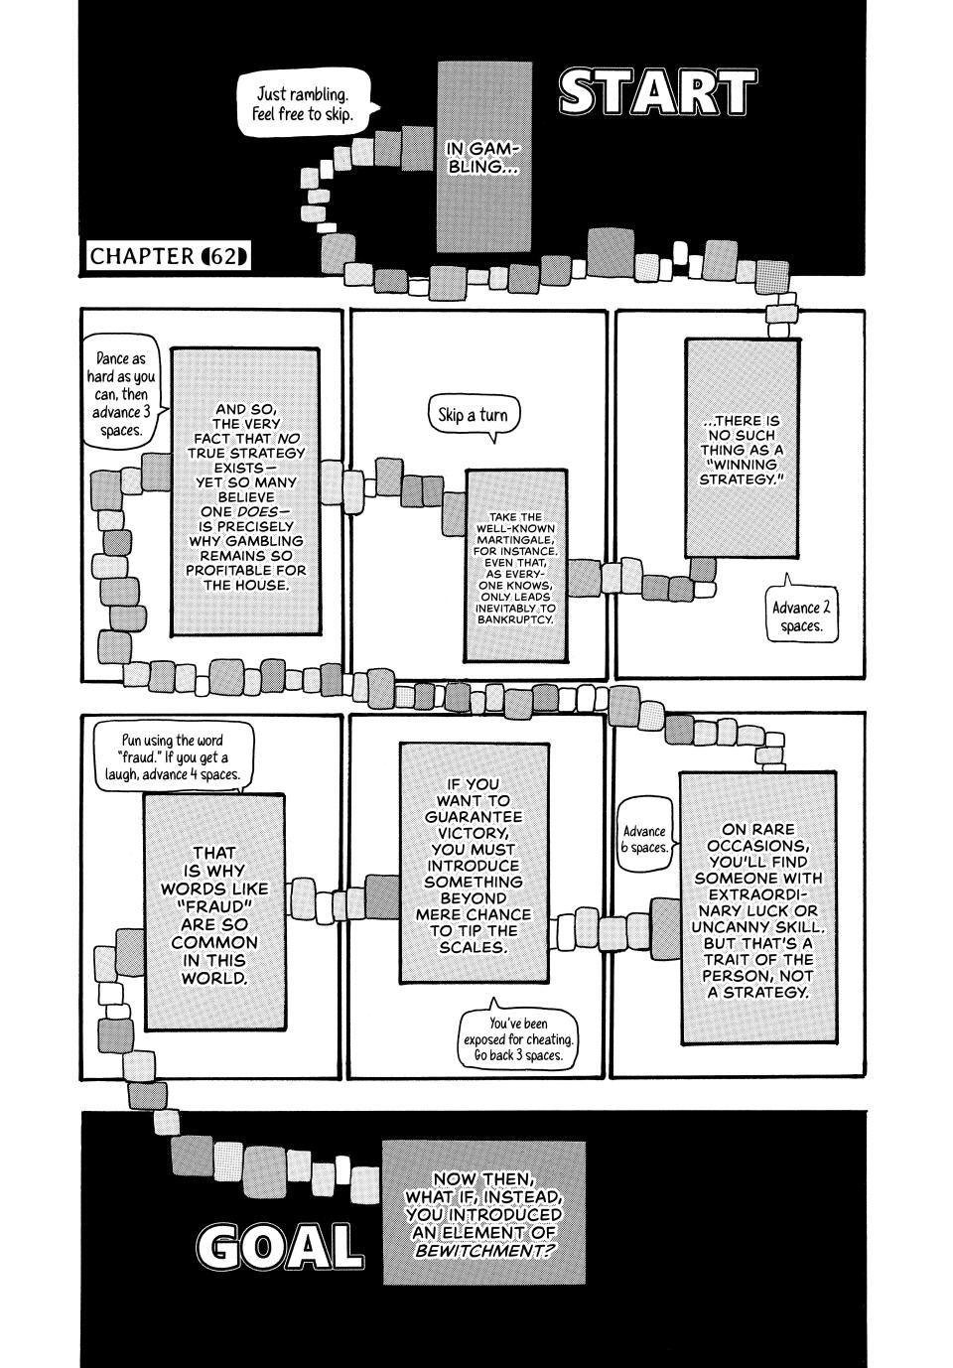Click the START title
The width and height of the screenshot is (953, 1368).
coord(658,92)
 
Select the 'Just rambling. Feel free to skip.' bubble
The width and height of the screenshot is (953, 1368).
coord(306,104)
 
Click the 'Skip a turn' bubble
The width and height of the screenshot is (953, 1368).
coord(474,417)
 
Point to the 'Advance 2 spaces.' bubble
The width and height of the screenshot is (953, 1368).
coord(801,615)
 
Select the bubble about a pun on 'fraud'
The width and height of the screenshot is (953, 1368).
coord(173,758)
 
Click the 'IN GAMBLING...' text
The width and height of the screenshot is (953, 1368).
coord(482,158)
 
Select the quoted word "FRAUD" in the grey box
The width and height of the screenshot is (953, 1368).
coord(214,906)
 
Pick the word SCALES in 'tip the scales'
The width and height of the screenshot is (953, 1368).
coord(474,947)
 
